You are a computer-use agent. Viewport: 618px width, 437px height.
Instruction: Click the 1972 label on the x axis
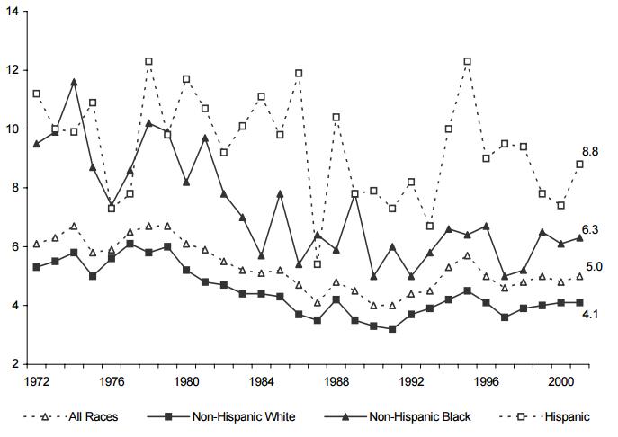pos(36,382)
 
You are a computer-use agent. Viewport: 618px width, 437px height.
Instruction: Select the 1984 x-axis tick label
pos(261,382)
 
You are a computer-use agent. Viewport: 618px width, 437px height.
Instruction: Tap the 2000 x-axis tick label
pos(560,382)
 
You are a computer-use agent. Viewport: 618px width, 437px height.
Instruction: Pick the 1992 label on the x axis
pos(411,382)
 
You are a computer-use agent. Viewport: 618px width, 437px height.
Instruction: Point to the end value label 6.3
pos(590,231)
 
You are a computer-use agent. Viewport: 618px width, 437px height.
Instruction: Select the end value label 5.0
pos(595,267)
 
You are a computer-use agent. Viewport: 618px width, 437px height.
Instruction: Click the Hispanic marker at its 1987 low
pos(318,264)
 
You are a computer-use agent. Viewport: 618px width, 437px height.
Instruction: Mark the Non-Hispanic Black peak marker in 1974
pos(74,82)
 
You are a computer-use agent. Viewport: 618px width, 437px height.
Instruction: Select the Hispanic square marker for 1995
pos(467,61)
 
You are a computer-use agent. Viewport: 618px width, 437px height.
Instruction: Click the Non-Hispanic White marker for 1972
pos(36,267)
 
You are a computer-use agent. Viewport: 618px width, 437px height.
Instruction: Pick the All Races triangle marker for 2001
pos(579,276)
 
